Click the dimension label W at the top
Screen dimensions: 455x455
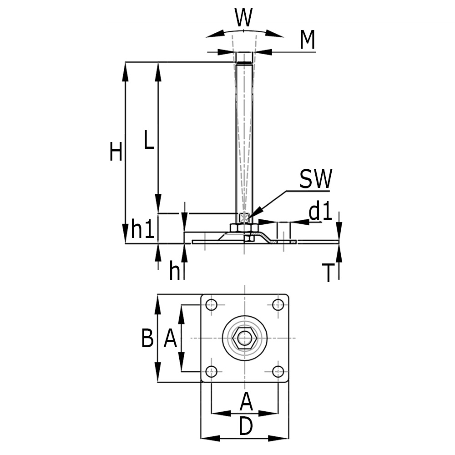pyautogui.click(x=244, y=18)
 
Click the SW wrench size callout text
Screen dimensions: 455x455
pyautogui.click(x=316, y=179)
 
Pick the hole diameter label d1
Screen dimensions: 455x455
pyautogui.click(x=321, y=212)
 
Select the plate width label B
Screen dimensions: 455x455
pyautogui.click(x=147, y=339)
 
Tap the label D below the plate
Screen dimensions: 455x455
pyautogui.click(x=245, y=427)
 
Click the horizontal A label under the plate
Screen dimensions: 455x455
pyautogui.click(x=246, y=402)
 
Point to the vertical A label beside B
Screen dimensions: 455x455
pyautogui.click(x=170, y=339)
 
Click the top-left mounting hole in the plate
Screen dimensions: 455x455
pyautogui.click(x=211, y=305)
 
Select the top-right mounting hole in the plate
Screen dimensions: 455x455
pyautogui.click(x=278, y=305)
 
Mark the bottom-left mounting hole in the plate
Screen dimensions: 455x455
pyautogui.click(x=211, y=372)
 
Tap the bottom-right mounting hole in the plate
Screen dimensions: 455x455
pyautogui.click(x=278, y=372)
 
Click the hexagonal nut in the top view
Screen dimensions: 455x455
pyautogui.click(x=245, y=338)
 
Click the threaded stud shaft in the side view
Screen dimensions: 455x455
pyautogui.click(x=245, y=136)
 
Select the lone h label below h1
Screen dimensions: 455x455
pyautogui.click(x=174, y=271)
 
